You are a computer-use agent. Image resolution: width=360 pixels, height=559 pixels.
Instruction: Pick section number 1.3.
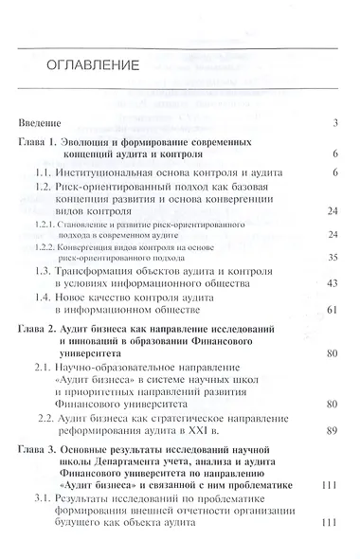44,270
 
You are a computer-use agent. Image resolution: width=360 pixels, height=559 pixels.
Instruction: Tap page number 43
333,283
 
